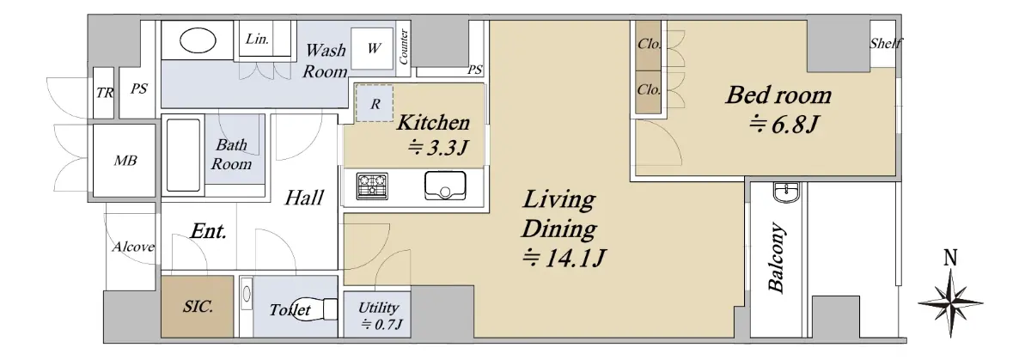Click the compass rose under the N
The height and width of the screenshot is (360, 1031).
point(950,303)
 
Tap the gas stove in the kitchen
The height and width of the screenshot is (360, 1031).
point(372,186)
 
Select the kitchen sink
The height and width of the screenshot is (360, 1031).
point(445,186)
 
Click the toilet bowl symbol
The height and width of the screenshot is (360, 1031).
point(317,309)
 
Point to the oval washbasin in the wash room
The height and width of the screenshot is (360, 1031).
point(198,40)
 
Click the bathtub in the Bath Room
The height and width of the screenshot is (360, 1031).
point(183,156)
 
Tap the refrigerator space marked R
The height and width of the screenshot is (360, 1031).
point(375,104)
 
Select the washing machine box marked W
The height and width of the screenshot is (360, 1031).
point(372,48)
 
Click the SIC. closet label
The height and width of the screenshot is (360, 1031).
point(198,306)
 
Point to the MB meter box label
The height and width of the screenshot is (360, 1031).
point(125,160)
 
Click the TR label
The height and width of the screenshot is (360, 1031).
point(105,93)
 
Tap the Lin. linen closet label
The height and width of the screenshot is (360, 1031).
point(257,39)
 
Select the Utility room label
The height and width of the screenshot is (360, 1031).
point(378,307)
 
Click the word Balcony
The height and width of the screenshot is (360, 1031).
point(777,258)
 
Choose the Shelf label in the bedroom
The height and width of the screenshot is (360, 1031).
point(886,43)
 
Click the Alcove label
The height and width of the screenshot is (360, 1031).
point(133,247)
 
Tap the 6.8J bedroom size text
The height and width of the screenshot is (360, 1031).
point(784,125)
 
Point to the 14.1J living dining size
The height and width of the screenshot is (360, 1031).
point(564,258)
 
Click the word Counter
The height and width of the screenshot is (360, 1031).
point(404,47)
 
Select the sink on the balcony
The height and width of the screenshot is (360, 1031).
point(787,192)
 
